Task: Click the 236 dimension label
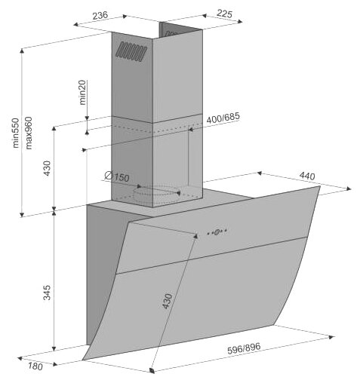[100, 16]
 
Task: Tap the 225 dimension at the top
[224, 14]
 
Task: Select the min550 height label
[16, 133]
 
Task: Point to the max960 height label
[29, 133]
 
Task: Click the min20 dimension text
[82, 92]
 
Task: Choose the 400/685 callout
[223, 118]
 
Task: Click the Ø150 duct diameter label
[117, 176]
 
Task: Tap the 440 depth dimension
[307, 176]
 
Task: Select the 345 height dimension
[47, 293]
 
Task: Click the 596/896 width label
[244, 348]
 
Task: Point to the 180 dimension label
[35, 366]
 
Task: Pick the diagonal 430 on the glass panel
[167, 301]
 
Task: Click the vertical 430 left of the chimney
[47, 168]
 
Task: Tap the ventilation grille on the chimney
[131, 52]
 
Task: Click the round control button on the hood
[217, 232]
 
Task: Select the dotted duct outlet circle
[156, 194]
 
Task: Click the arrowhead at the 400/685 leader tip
[191, 130]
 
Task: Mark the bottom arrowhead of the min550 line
[22, 214]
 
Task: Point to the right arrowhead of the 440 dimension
[349, 188]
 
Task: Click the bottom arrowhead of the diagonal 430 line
[152, 370]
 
